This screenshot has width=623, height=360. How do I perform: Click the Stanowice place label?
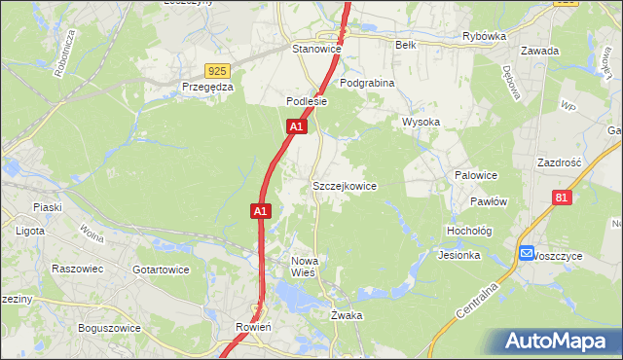coord(314,48)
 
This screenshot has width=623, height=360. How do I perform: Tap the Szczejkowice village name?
coord(344,185)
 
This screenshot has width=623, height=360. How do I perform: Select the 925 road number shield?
coord(217,71)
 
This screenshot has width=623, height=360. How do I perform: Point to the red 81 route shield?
coord(561,198)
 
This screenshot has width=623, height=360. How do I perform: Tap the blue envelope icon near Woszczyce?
coord(527,253)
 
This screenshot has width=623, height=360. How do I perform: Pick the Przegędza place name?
coord(208,87)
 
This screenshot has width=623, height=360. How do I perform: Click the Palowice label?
coord(476,175)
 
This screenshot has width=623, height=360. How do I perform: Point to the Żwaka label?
coord(346,315)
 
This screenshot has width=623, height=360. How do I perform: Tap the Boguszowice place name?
coord(107,328)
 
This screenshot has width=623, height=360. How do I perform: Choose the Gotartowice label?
coord(161,269)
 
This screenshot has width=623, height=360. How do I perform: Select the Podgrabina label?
coord(367,84)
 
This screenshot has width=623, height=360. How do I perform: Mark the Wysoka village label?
coord(421,122)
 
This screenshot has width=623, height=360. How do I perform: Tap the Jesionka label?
coord(459,255)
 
